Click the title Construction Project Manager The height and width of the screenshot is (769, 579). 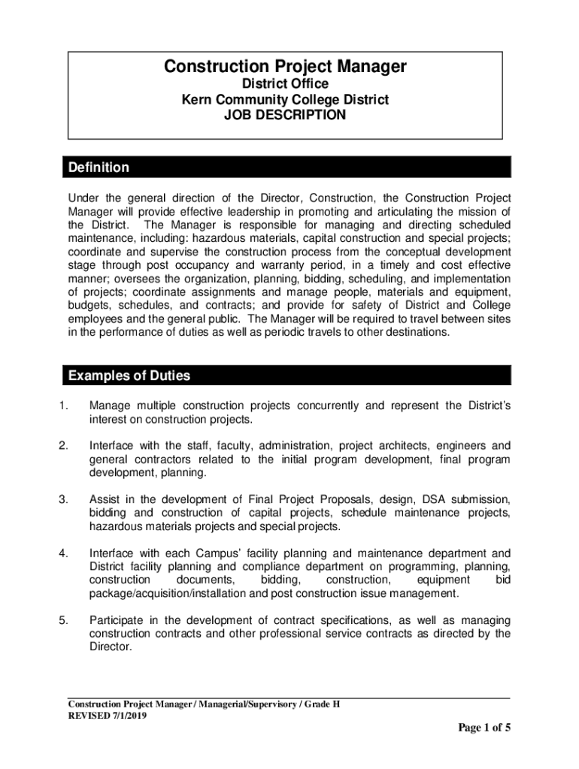[x=285, y=68]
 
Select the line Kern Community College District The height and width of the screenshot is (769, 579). [x=285, y=99]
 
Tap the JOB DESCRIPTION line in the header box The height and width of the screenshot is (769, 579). [x=285, y=115]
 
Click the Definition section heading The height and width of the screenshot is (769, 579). [x=99, y=167]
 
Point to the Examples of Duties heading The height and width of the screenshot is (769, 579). [x=129, y=375]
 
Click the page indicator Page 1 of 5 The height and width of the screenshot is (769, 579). [x=485, y=728]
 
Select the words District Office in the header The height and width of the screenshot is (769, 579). [x=285, y=84]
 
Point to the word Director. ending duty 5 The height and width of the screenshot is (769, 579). [x=111, y=647]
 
